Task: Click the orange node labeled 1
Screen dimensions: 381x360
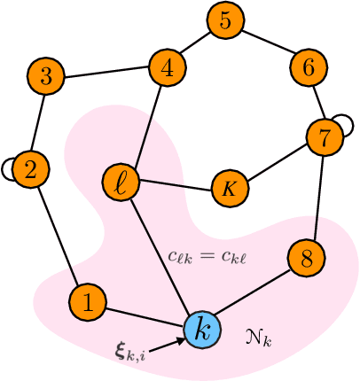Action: [x=87, y=301]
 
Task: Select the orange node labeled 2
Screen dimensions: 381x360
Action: [x=31, y=171]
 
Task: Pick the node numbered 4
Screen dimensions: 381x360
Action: [x=166, y=67]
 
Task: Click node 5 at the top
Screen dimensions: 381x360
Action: [x=225, y=21]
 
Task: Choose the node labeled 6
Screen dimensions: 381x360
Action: [x=308, y=67]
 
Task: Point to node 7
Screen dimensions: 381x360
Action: [x=324, y=136]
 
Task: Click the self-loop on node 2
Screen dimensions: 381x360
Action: [x=8, y=166]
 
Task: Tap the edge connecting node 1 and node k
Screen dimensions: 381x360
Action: [x=145, y=316]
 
